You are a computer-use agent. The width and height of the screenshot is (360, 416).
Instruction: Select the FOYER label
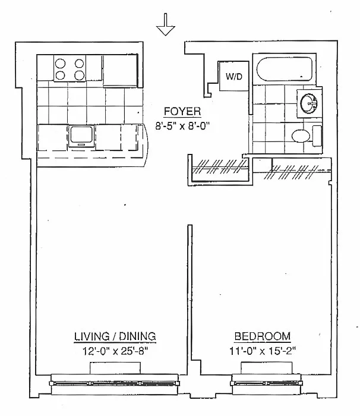(x=182, y=111)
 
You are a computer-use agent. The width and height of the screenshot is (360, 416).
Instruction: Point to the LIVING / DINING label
(x=115, y=336)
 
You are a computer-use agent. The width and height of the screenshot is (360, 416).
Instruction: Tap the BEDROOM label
(x=262, y=336)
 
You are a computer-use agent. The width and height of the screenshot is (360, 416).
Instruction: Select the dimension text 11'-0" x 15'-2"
(x=262, y=351)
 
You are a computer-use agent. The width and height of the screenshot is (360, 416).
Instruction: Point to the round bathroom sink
(x=310, y=103)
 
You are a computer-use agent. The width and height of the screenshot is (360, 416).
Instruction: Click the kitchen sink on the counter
(x=80, y=136)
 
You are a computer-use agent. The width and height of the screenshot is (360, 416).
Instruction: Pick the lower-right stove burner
(x=80, y=75)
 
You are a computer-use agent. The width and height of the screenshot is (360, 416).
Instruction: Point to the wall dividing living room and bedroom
(x=189, y=297)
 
